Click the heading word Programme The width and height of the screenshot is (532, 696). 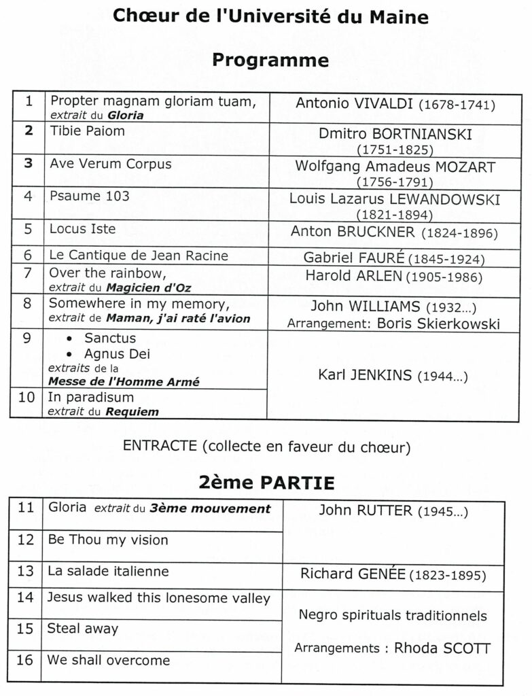click(270, 60)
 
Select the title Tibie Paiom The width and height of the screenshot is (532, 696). click(87, 130)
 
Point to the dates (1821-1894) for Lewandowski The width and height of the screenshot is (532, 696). click(395, 214)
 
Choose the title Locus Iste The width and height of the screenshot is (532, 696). click(82, 228)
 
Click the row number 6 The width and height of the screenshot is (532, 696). click(28, 256)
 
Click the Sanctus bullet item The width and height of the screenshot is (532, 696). click(110, 338)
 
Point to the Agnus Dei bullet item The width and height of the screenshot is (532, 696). click(117, 354)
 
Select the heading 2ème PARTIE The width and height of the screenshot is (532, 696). click(266, 483)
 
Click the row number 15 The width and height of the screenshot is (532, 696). click(25, 629)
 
